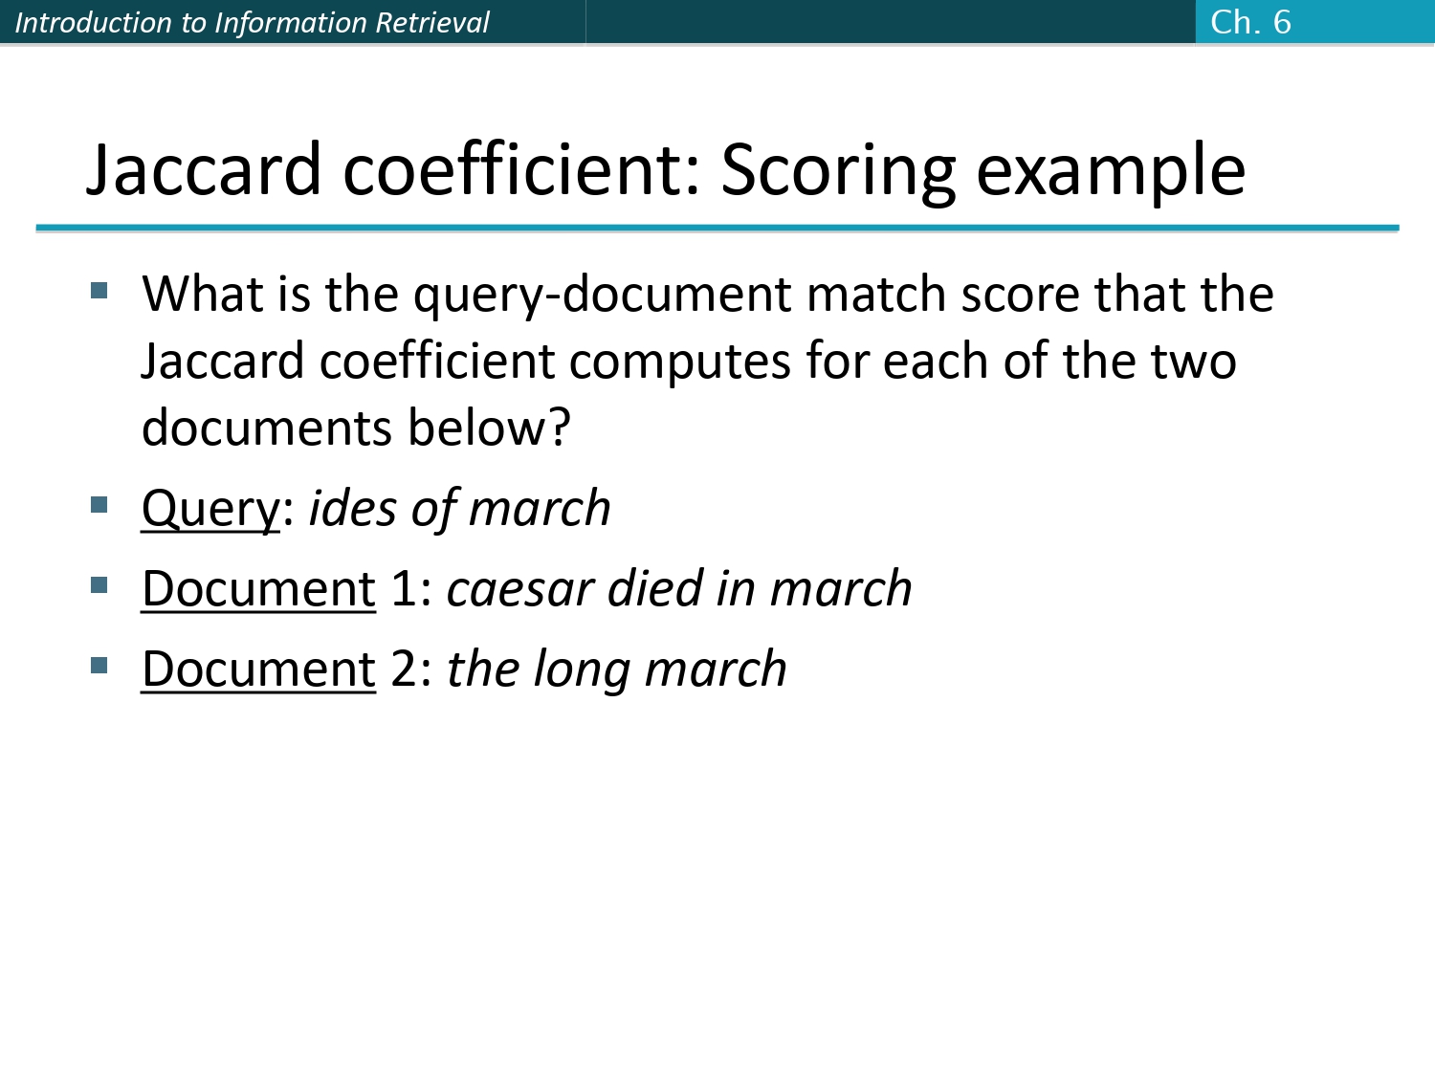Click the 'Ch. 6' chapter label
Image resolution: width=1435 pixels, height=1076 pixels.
point(1250,22)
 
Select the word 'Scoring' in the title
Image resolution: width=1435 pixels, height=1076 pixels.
point(838,170)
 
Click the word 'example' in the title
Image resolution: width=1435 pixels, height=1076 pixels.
point(1112,170)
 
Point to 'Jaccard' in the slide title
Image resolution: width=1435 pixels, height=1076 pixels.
point(204,170)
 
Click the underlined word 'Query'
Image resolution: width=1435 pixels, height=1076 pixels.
point(210,509)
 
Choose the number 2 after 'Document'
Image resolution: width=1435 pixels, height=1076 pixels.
point(404,669)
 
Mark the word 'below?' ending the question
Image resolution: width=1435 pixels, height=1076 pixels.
point(489,428)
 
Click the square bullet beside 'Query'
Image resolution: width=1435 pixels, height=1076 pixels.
point(99,504)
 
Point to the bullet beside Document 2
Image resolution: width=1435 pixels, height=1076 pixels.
point(99,665)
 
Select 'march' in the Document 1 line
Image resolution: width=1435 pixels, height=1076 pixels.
point(841,589)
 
